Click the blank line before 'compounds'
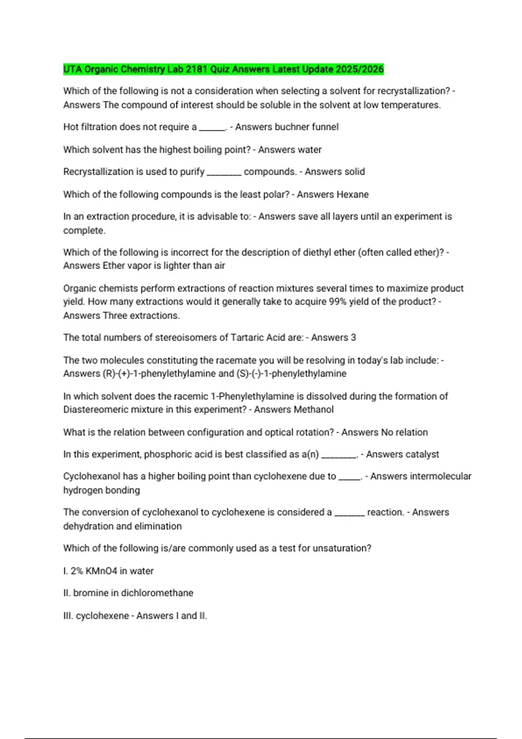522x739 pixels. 224,173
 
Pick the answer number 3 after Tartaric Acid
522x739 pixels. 353,337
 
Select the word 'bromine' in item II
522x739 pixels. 90,593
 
